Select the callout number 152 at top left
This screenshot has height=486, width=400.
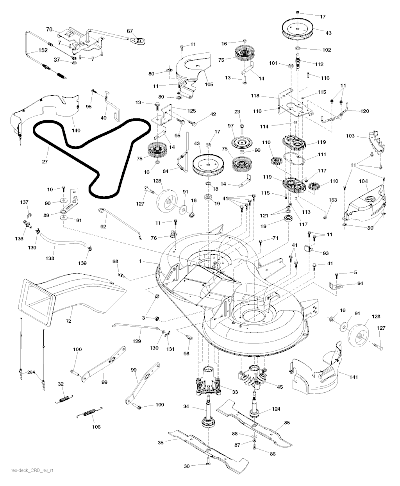click(x=43, y=50)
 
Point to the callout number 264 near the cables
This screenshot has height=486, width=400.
click(x=30, y=372)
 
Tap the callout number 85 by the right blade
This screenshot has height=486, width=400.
click(x=287, y=422)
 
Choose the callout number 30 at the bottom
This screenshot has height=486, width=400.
click(x=187, y=466)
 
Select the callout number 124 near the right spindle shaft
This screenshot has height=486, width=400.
click(x=276, y=409)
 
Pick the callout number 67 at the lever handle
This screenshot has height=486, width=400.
click(x=130, y=31)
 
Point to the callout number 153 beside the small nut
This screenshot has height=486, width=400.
click(x=332, y=200)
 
